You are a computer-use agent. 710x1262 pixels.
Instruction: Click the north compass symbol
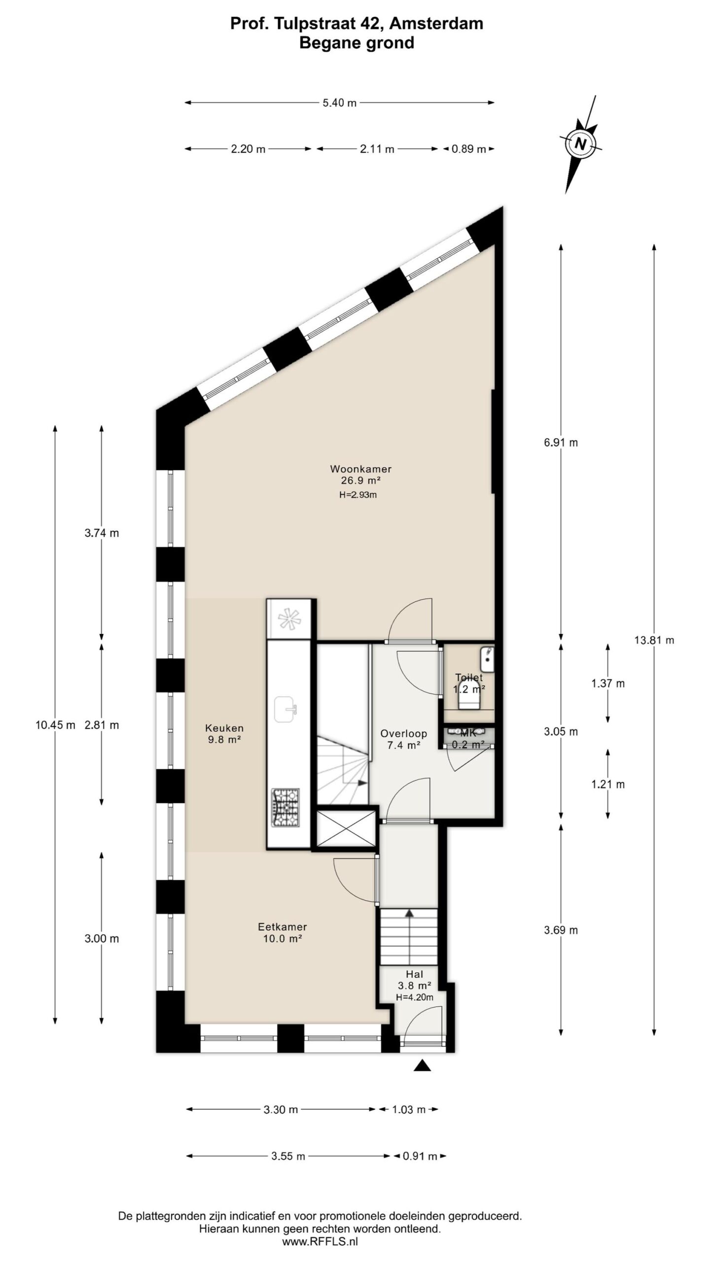[581, 144]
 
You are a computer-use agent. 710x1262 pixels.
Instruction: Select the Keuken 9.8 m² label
[224, 733]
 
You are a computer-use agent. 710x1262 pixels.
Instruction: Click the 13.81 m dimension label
[654, 640]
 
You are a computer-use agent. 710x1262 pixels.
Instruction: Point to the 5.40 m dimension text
[339, 103]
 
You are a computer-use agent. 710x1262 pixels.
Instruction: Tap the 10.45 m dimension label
[55, 725]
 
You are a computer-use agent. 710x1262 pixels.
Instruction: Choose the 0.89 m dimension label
[468, 149]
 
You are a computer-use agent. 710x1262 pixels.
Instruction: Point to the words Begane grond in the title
[356, 43]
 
